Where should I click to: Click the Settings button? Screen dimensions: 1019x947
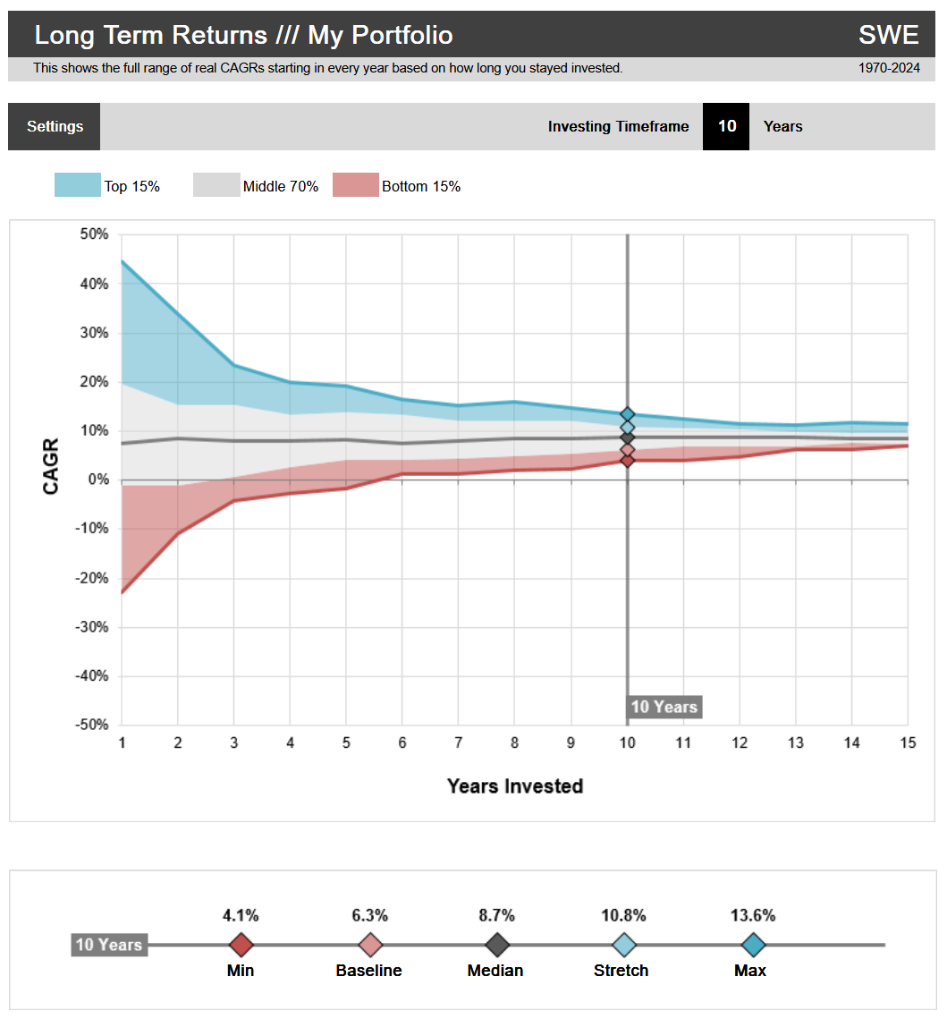(55, 126)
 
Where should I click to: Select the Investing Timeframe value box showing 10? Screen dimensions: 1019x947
(727, 126)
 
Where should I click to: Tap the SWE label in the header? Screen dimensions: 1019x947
(888, 35)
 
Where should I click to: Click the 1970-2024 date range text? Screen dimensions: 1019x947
(889, 68)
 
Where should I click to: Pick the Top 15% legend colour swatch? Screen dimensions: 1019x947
(77, 185)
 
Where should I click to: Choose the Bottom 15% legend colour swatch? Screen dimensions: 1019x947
(355, 185)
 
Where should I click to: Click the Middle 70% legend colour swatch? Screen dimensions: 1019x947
(216, 185)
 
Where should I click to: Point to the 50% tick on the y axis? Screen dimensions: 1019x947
(93, 234)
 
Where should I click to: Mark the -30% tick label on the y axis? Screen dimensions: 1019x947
(90, 627)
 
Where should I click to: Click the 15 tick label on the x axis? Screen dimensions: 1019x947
(908, 743)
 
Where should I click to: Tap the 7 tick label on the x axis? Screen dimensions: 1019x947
(458, 743)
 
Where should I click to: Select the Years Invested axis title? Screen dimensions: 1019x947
(514, 786)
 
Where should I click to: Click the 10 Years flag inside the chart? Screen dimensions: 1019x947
(664, 707)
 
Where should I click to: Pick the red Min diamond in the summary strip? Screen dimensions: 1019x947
(241, 945)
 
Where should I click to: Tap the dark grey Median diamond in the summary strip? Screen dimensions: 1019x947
(496, 945)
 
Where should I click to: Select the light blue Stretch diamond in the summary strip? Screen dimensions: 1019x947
(623, 945)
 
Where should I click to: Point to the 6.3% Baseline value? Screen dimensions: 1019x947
(369, 915)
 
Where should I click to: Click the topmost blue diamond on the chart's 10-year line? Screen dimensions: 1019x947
(628, 414)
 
